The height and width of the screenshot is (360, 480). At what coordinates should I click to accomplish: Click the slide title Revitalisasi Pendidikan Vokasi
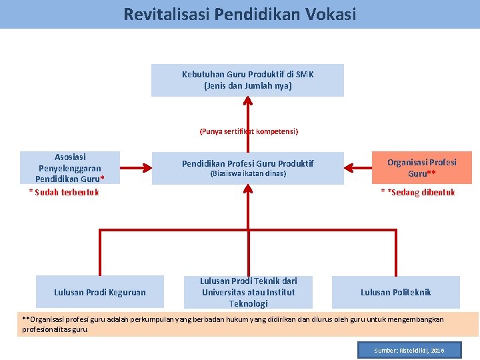[240, 14]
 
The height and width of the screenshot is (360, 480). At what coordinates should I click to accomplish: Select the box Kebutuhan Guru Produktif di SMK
[247, 80]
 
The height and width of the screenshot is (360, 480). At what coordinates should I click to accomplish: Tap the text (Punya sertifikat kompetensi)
[249, 131]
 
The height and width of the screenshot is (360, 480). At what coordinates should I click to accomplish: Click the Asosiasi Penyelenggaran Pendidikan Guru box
[70, 167]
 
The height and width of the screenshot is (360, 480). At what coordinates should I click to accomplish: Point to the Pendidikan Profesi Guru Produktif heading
[247, 163]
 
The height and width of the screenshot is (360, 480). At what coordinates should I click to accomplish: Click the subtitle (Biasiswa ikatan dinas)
[247, 173]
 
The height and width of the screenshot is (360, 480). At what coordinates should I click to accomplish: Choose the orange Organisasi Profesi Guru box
[421, 167]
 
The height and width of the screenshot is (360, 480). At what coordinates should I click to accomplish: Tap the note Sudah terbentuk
[64, 193]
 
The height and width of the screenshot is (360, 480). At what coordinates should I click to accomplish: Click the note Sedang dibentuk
[418, 193]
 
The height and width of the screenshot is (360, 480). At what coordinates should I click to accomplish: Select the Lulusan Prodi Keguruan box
[99, 292]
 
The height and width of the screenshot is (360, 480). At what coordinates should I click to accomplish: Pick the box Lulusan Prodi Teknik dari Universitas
[248, 292]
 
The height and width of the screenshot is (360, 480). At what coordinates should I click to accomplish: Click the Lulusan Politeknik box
[395, 292]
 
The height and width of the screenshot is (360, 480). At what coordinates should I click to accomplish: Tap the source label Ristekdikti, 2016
[409, 350]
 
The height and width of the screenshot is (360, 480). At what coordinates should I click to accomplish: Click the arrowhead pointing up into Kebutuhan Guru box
[248, 101]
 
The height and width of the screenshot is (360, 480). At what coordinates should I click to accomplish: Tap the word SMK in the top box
[305, 75]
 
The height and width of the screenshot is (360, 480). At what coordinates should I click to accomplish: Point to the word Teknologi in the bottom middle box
[248, 303]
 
